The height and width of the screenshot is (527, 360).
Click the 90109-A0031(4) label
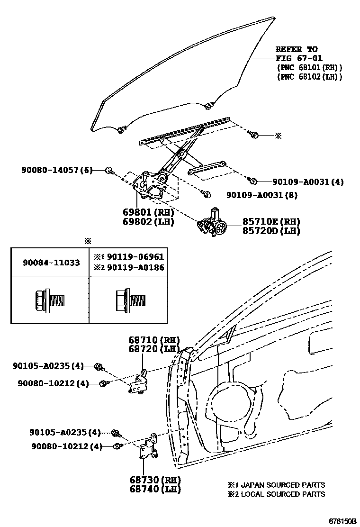coord(308,182)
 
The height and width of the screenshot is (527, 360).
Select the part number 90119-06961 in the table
coord(135,257)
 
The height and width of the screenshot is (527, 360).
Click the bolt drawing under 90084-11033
coord(49,300)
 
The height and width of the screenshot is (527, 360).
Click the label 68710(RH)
coord(154,340)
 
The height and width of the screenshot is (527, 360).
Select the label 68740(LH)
coord(154,489)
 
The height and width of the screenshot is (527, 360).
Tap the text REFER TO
coord(297,49)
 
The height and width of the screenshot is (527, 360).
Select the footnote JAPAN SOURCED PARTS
coord(277,485)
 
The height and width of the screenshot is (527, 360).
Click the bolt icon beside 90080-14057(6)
coord(109,170)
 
